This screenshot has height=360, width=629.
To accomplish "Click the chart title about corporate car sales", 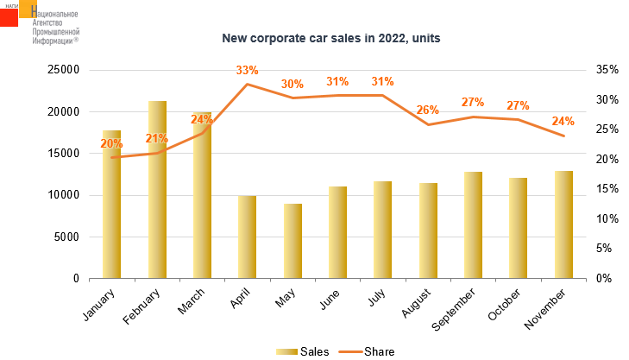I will click(x=314, y=38).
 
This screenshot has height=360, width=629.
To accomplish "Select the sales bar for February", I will click(x=157, y=190).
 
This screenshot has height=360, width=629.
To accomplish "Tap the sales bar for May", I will click(x=292, y=241).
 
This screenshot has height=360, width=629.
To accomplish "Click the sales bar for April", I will click(x=248, y=237).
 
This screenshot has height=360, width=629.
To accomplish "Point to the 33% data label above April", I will click(x=247, y=70).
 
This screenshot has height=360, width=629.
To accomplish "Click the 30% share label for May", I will click(x=292, y=85).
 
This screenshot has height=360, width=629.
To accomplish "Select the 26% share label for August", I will click(x=428, y=110).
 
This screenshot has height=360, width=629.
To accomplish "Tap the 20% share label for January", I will click(x=112, y=143).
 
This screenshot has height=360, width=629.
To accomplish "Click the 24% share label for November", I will click(x=563, y=121).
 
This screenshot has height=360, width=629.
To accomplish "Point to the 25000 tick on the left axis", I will click(x=62, y=70).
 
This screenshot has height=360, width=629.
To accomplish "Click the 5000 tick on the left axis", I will click(x=66, y=237).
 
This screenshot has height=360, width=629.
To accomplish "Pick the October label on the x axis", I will click(x=508, y=307).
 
